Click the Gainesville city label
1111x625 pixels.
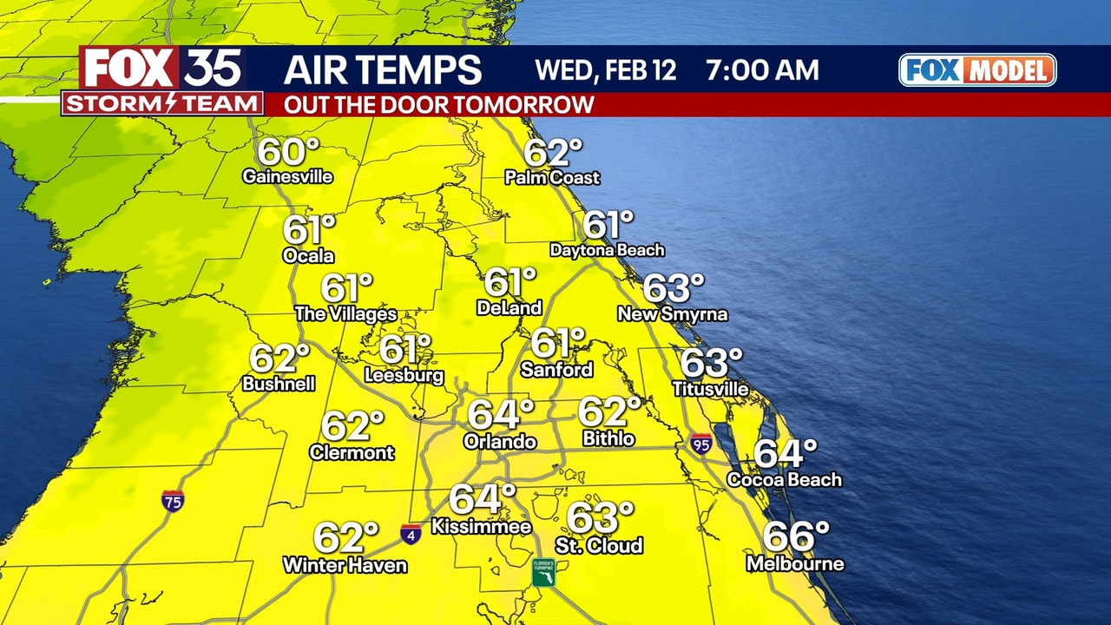(287, 177)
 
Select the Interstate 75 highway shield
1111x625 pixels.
(172, 501)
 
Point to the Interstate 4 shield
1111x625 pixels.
(411, 534)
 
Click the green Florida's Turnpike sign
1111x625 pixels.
(544, 572)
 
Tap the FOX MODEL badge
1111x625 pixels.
(977, 70)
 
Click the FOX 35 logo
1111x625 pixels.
(162, 68)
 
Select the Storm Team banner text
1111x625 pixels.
(162, 104)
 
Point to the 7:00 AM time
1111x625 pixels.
(761, 69)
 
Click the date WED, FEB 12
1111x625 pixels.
(605, 69)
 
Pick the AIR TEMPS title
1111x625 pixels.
(383, 69)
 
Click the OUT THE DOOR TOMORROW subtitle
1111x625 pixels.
(439, 104)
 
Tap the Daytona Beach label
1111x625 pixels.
(607, 250)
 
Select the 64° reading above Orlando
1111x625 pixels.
(501, 415)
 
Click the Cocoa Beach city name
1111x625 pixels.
(784, 479)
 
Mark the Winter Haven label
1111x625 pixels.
(345, 565)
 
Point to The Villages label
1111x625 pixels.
(345, 314)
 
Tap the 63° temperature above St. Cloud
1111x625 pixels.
(600, 519)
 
